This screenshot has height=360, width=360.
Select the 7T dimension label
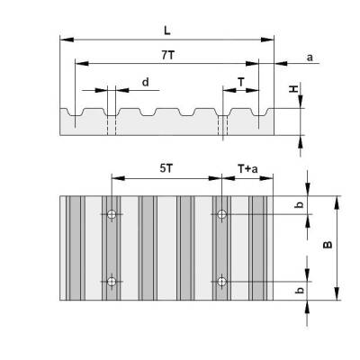click(x=168, y=55)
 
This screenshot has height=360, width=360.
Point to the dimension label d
click(x=144, y=82)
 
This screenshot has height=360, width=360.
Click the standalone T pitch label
click(x=240, y=81)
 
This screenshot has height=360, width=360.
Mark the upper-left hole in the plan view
click(x=111, y=214)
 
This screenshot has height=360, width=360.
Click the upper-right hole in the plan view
click(x=220, y=214)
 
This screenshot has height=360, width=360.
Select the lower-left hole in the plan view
click(x=111, y=282)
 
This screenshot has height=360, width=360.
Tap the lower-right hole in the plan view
click(x=220, y=282)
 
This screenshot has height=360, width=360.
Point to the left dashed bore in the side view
click(x=110, y=127)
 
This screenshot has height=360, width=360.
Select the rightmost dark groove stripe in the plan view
click(x=259, y=247)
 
